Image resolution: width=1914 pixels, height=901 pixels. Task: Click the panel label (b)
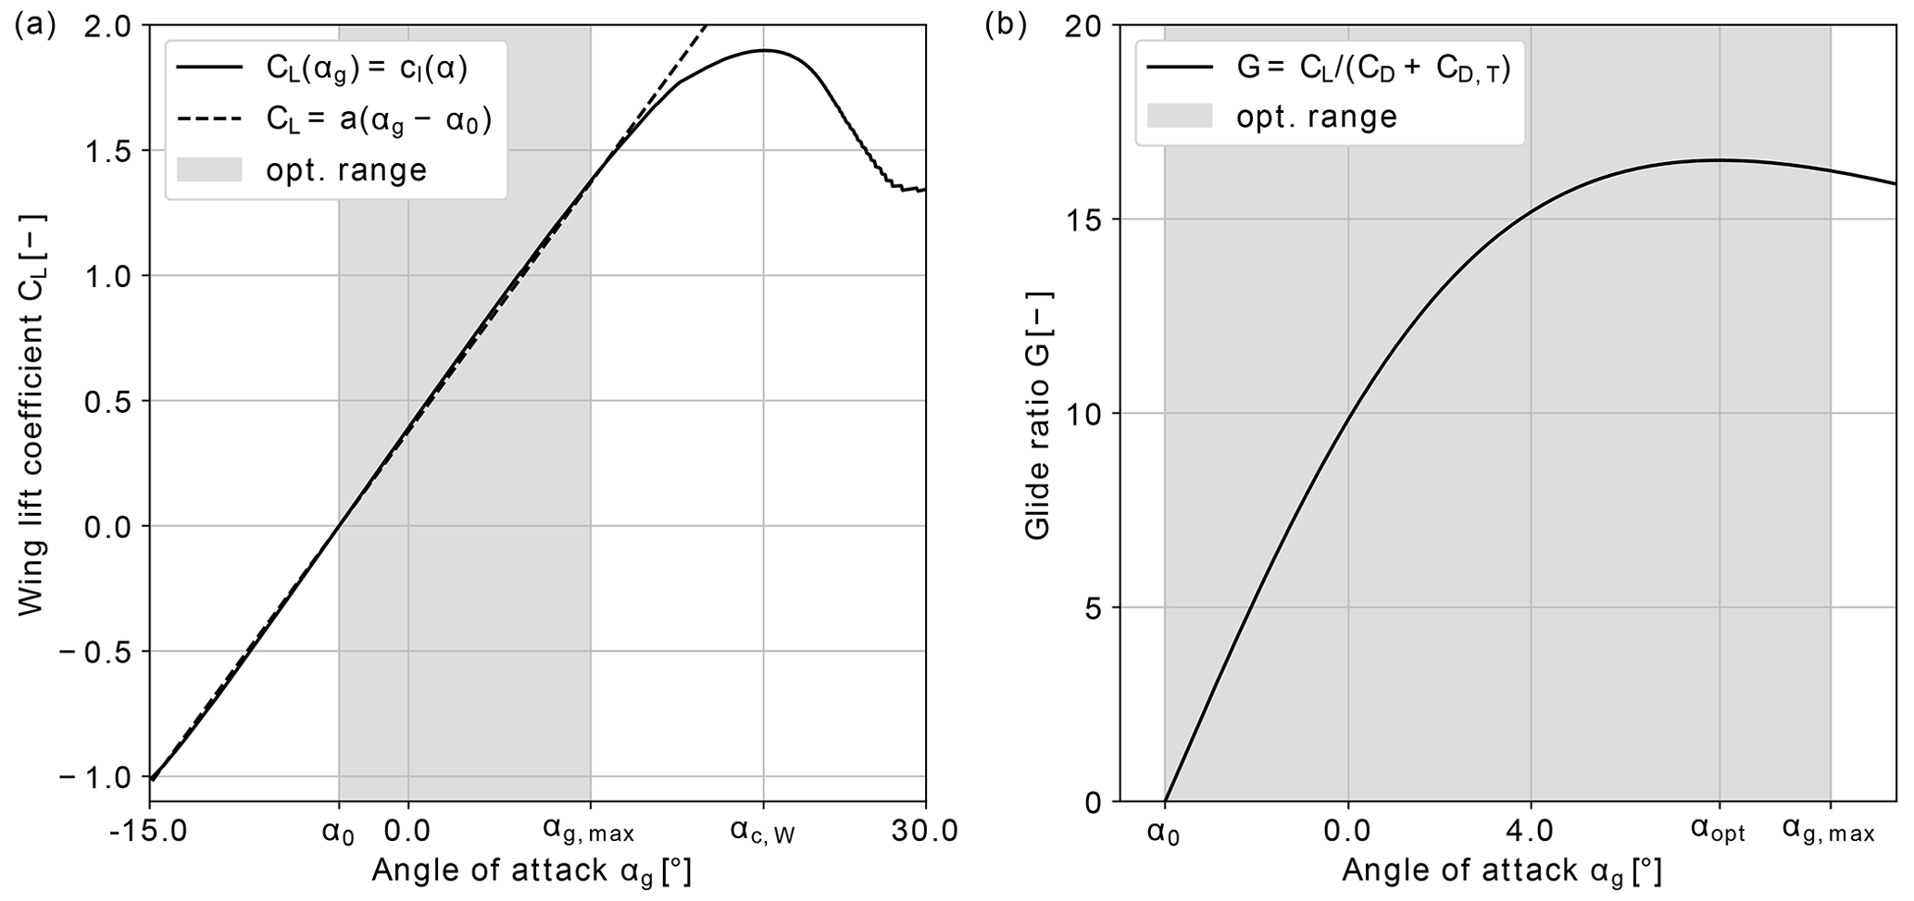(x=1006, y=25)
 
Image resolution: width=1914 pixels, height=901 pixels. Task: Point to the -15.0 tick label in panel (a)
(x=149, y=832)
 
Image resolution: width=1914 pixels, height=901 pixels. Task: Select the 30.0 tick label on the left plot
(x=924, y=832)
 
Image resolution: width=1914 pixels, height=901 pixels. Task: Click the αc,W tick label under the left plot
(x=763, y=832)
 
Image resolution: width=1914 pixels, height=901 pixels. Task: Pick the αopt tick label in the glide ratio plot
(x=1719, y=832)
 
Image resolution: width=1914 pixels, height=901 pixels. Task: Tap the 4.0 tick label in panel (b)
(x=1530, y=832)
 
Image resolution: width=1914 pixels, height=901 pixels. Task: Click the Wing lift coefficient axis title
(x=32, y=413)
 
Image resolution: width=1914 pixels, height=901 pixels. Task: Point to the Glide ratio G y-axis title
(x=1039, y=413)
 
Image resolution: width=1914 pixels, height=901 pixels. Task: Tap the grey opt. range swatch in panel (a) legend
(x=209, y=170)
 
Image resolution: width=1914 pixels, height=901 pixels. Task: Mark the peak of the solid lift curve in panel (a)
(x=765, y=50)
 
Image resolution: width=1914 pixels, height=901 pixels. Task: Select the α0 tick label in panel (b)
(x=1164, y=832)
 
